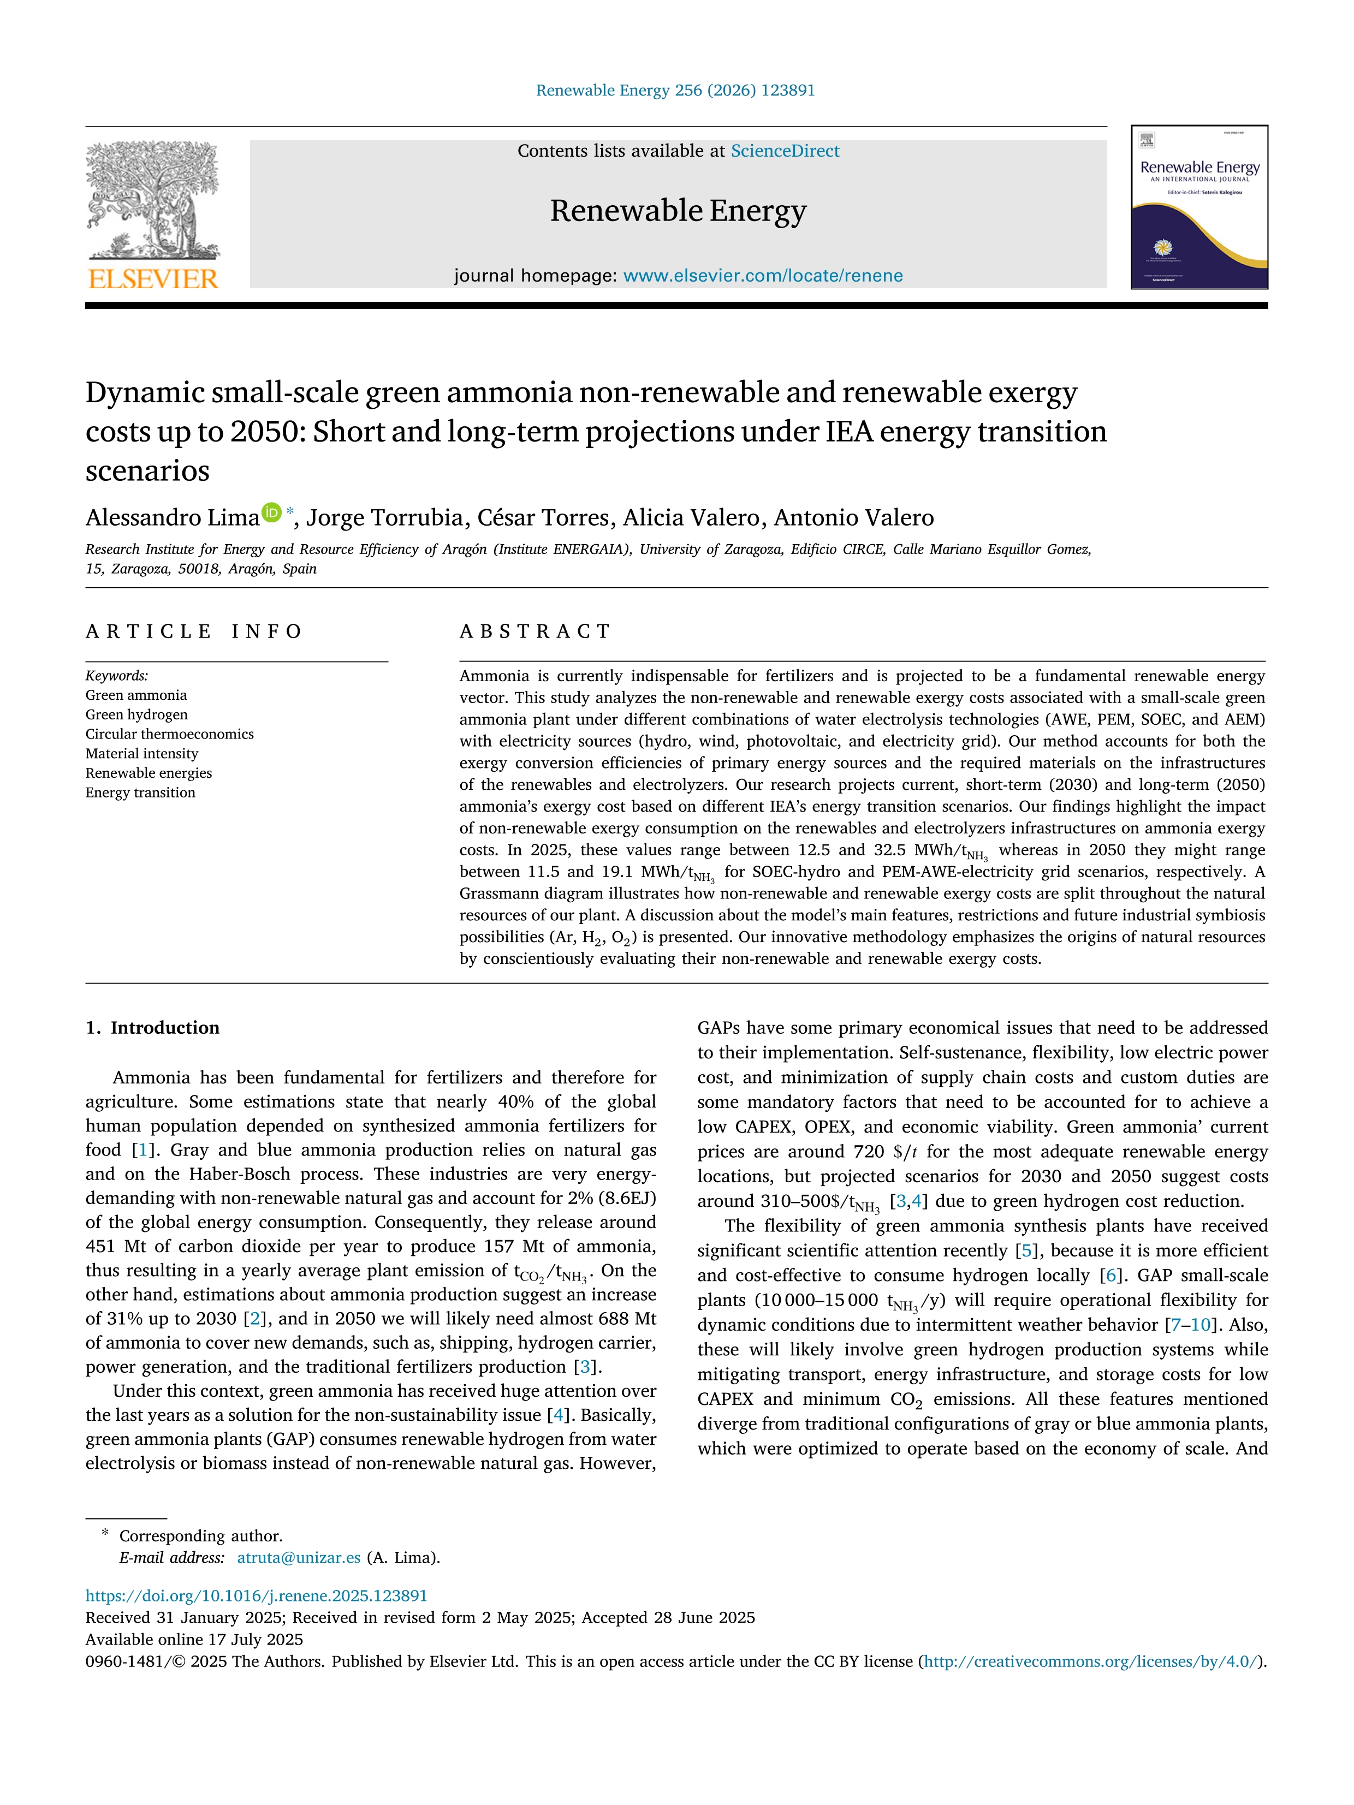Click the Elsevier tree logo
(153, 200)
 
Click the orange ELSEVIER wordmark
(153, 279)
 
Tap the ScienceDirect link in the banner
(785, 151)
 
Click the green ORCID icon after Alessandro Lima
(271, 513)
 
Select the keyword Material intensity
(142, 754)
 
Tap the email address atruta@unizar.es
(298, 1558)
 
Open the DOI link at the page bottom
(256, 1596)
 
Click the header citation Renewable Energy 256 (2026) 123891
(675, 91)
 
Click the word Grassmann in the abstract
(496, 893)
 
